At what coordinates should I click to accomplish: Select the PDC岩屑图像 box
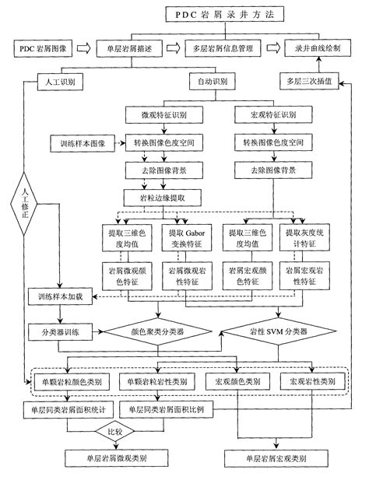click(x=46, y=48)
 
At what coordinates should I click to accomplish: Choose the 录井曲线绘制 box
click(x=319, y=48)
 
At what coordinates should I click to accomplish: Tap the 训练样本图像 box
click(x=82, y=144)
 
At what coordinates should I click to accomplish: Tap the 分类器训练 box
click(x=60, y=332)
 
